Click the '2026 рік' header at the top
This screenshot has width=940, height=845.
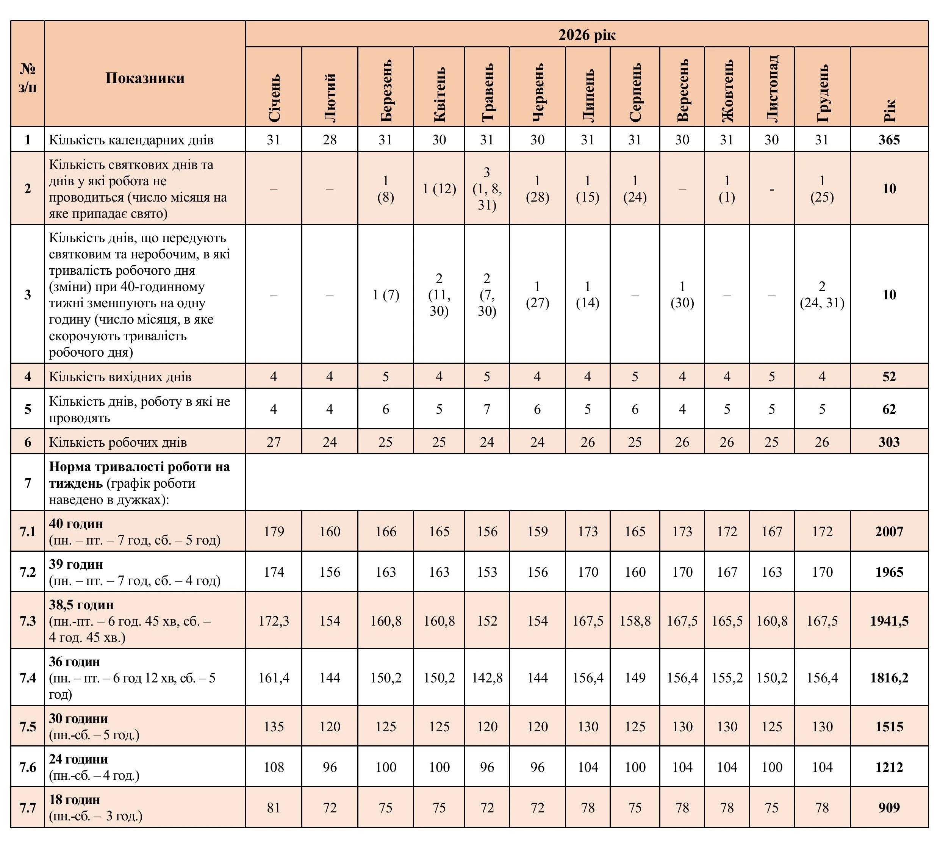587,35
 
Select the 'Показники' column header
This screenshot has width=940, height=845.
145,78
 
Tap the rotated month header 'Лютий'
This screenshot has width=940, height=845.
330,98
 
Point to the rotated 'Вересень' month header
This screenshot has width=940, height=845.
682,91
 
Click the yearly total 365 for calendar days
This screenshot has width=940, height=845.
889,140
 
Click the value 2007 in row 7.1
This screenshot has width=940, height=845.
889,531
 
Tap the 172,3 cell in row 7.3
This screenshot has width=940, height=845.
274,621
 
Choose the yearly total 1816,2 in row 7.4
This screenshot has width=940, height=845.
889,678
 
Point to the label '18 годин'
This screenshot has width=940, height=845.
75,800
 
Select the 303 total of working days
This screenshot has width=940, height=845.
889,442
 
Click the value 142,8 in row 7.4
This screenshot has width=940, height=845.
487,678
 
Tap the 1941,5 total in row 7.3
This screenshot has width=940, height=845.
889,621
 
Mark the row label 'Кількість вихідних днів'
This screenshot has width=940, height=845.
120,377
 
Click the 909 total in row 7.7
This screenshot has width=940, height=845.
889,808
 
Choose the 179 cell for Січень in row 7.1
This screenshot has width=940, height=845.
274,531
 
